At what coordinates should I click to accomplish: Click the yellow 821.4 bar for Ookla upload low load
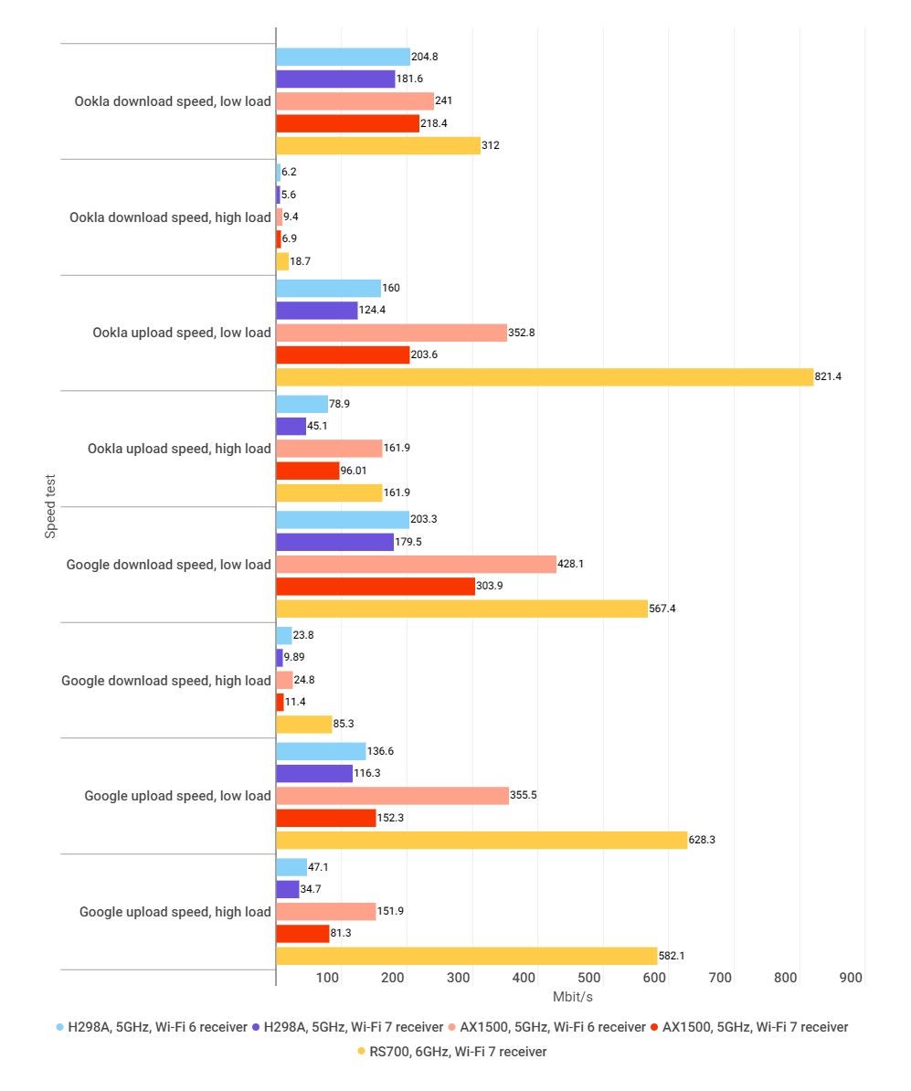click(544, 376)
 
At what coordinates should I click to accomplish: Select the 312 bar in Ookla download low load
click(377, 145)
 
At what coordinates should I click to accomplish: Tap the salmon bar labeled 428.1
click(416, 564)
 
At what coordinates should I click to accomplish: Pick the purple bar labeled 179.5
click(334, 542)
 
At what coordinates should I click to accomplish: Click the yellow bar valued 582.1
click(466, 956)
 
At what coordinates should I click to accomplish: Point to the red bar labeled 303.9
click(375, 587)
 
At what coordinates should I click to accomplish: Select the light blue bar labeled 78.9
click(302, 404)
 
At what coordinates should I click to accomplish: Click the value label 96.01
click(356, 471)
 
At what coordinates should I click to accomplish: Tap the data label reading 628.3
click(702, 840)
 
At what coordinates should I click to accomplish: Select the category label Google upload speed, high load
click(175, 912)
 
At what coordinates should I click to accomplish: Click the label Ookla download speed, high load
click(170, 217)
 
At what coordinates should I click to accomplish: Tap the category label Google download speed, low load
click(168, 565)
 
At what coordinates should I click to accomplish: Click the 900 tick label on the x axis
click(851, 978)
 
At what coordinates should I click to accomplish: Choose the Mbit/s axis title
click(573, 997)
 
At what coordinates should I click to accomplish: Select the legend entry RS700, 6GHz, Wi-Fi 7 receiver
click(458, 1052)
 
